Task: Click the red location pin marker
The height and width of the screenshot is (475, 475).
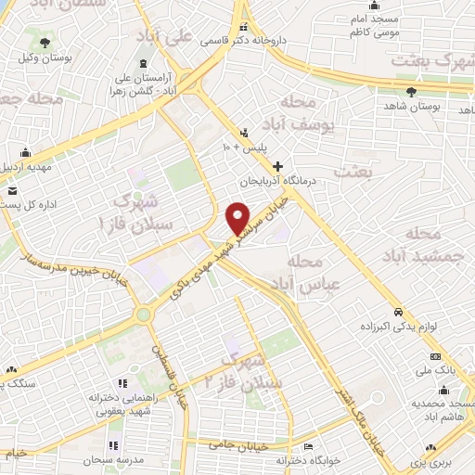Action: coord(238,217)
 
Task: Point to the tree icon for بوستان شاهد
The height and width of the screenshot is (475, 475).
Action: coord(412,92)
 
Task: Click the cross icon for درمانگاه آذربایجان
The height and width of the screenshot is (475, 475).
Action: coord(276,165)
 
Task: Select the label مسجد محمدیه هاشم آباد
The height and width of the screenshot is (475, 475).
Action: coord(441,411)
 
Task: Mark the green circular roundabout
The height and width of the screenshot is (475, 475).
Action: coord(143,315)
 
